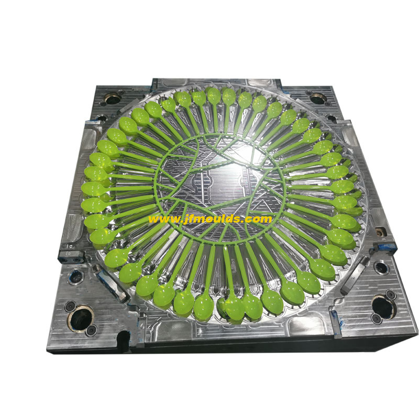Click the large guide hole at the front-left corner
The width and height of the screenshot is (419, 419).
pyautogui.click(x=80, y=318)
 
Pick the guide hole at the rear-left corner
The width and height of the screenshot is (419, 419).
pyautogui.click(x=113, y=99)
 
